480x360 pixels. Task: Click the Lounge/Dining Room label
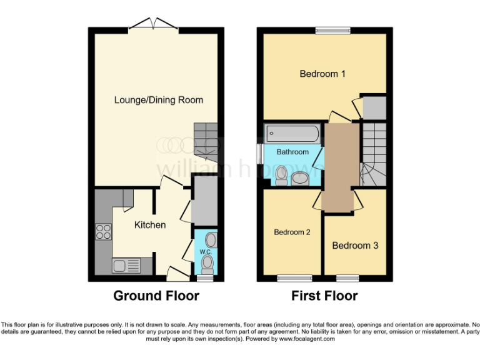tap(158, 100)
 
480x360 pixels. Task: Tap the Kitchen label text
tap(150, 225)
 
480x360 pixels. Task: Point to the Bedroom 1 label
tap(322, 74)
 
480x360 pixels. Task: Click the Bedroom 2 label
tap(292, 232)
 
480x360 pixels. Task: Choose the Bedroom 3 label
tap(355, 246)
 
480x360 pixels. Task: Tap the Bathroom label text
tap(292, 152)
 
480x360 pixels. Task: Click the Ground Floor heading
tap(156, 296)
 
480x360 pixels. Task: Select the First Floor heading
tap(324, 296)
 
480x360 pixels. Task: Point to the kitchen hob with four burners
tap(103, 232)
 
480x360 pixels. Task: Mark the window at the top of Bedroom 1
tap(332, 29)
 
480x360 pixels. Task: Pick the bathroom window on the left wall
tap(260, 152)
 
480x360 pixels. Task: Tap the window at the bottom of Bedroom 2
tap(294, 277)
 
